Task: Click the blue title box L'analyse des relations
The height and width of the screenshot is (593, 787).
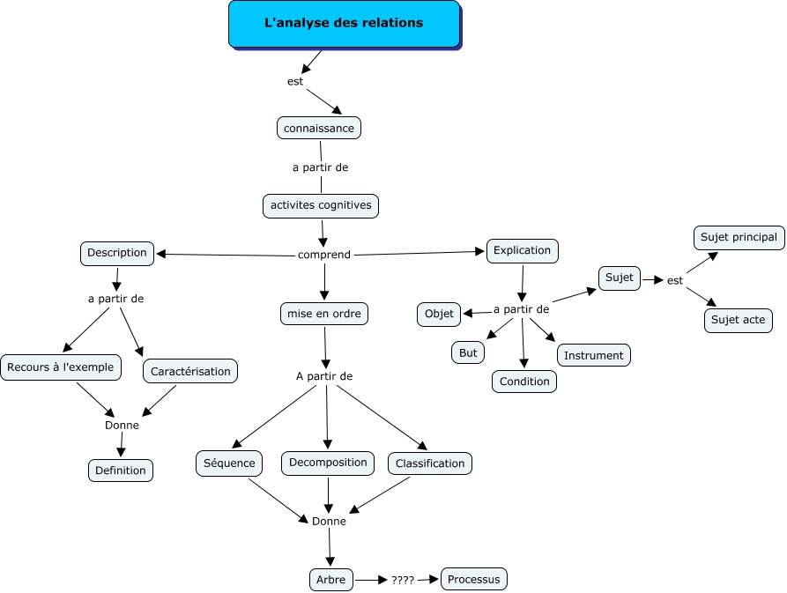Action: click(x=345, y=24)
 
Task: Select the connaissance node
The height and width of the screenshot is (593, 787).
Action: click(x=319, y=128)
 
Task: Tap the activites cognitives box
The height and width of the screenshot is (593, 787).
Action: click(x=321, y=205)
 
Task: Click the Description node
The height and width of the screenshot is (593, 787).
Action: click(x=117, y=254)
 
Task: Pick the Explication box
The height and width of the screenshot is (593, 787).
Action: click(x=522, y=251)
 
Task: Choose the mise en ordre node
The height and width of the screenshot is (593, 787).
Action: click(x=323, y=314)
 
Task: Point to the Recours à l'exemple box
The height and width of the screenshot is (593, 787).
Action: click(x=61, y=367)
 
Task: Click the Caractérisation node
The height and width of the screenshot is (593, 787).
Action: click(x=190, y=371)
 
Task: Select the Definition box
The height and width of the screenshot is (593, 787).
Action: click(x=121, y=471)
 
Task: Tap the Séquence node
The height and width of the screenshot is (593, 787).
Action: click(x=229, y=463)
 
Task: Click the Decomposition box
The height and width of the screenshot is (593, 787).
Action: click(x=328, y=463)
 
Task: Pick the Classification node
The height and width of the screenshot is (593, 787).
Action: click(x=430, y=463)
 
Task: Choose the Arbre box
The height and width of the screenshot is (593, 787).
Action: click(x=330, y=580)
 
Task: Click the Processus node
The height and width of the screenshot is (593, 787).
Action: click(x=474, y=580)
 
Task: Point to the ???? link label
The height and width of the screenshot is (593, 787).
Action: click(x=403, y=581)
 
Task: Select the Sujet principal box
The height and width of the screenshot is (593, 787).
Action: click(x=739, y=237)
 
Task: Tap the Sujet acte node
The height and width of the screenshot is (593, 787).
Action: click(x=738, y=320)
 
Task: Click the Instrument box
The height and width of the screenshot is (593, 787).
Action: click(x=593, y=355)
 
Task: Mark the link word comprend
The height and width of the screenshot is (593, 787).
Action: click(x=324, y=255)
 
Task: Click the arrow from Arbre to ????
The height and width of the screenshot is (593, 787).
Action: click(x=371, y=581)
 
